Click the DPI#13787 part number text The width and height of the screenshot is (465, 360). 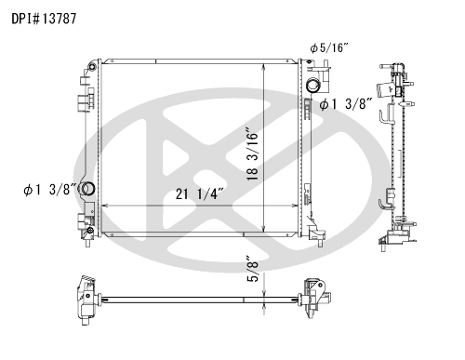click(x=44, y=19)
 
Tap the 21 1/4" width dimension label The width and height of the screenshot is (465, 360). click(x=199, y=194)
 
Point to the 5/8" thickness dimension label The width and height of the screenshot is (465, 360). click(x=253, y=269)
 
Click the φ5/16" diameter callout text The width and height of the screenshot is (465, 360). click(x=329, y=48)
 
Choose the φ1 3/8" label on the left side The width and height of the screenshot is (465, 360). click(x=49, y=190)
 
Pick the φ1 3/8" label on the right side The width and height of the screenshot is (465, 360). click(x=346, y=104)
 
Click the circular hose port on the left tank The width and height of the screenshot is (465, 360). click(x=87, y=189)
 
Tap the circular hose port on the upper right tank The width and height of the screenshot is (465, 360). click(x=313, y=86)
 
